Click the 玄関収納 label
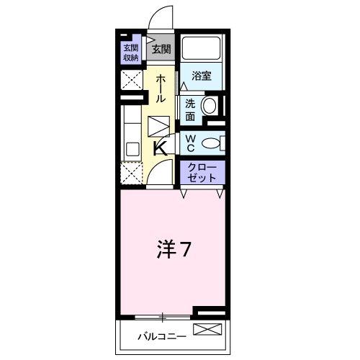coord(130,53)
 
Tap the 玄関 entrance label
coord(162,50)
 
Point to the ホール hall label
coord(161,88)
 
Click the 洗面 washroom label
coord(189,109)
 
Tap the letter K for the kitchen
coord(161,149)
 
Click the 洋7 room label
coord(174,249)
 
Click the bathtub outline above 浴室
coord(202,48)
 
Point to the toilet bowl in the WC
coord(212,143)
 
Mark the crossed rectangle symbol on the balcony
coord(210,331)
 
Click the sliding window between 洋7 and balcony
coord(163,316)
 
